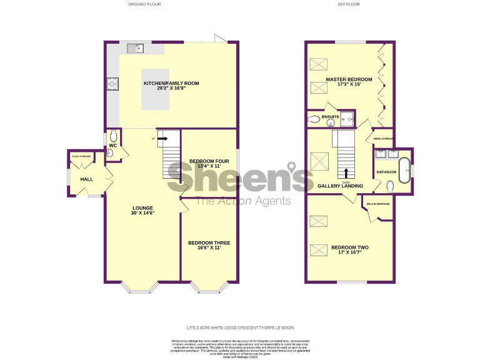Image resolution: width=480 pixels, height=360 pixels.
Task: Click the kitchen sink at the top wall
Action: pos(136,48)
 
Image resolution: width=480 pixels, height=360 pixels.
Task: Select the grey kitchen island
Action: pos(155,89)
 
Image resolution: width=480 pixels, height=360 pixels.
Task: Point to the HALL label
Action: pos(86,179)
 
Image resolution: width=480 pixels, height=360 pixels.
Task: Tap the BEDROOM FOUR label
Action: pos(205,161)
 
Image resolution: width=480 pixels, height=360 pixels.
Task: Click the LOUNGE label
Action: pos(142,208)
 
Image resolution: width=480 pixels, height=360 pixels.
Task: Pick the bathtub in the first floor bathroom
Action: pos(406,168)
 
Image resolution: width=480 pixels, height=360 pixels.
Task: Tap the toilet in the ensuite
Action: pos(314,119)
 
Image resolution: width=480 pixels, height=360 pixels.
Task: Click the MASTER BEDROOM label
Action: pos(349,79)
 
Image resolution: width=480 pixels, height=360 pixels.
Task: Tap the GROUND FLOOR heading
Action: pos(144,4)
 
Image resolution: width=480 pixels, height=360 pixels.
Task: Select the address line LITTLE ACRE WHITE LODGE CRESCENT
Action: pos(240,327)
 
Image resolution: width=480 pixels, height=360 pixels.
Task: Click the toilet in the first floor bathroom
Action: pos(391,186)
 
